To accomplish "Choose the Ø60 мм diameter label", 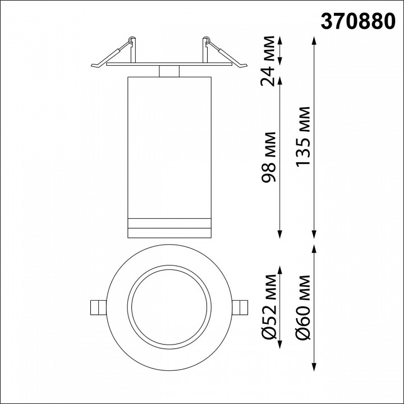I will [304, 306].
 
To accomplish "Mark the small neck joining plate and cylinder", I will [169, 71].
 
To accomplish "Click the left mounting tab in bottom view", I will [98, 307].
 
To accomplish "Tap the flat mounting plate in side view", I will [169, 65].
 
